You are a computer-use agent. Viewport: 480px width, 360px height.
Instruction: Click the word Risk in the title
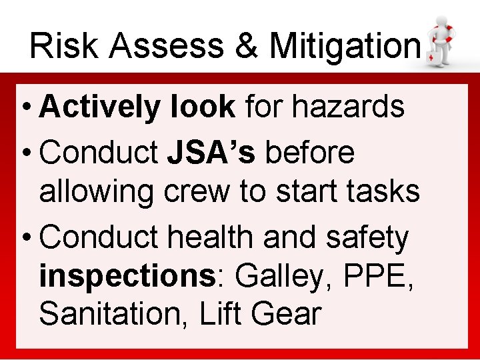[x=61, y=46]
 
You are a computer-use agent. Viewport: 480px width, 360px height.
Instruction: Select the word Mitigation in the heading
[x=345, y=46]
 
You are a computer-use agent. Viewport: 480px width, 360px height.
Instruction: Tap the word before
[x=310, y=153]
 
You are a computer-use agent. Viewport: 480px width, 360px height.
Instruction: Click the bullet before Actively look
[x=26, y=107]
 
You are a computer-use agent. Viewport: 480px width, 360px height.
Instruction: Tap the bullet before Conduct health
[x=26, y=238]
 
